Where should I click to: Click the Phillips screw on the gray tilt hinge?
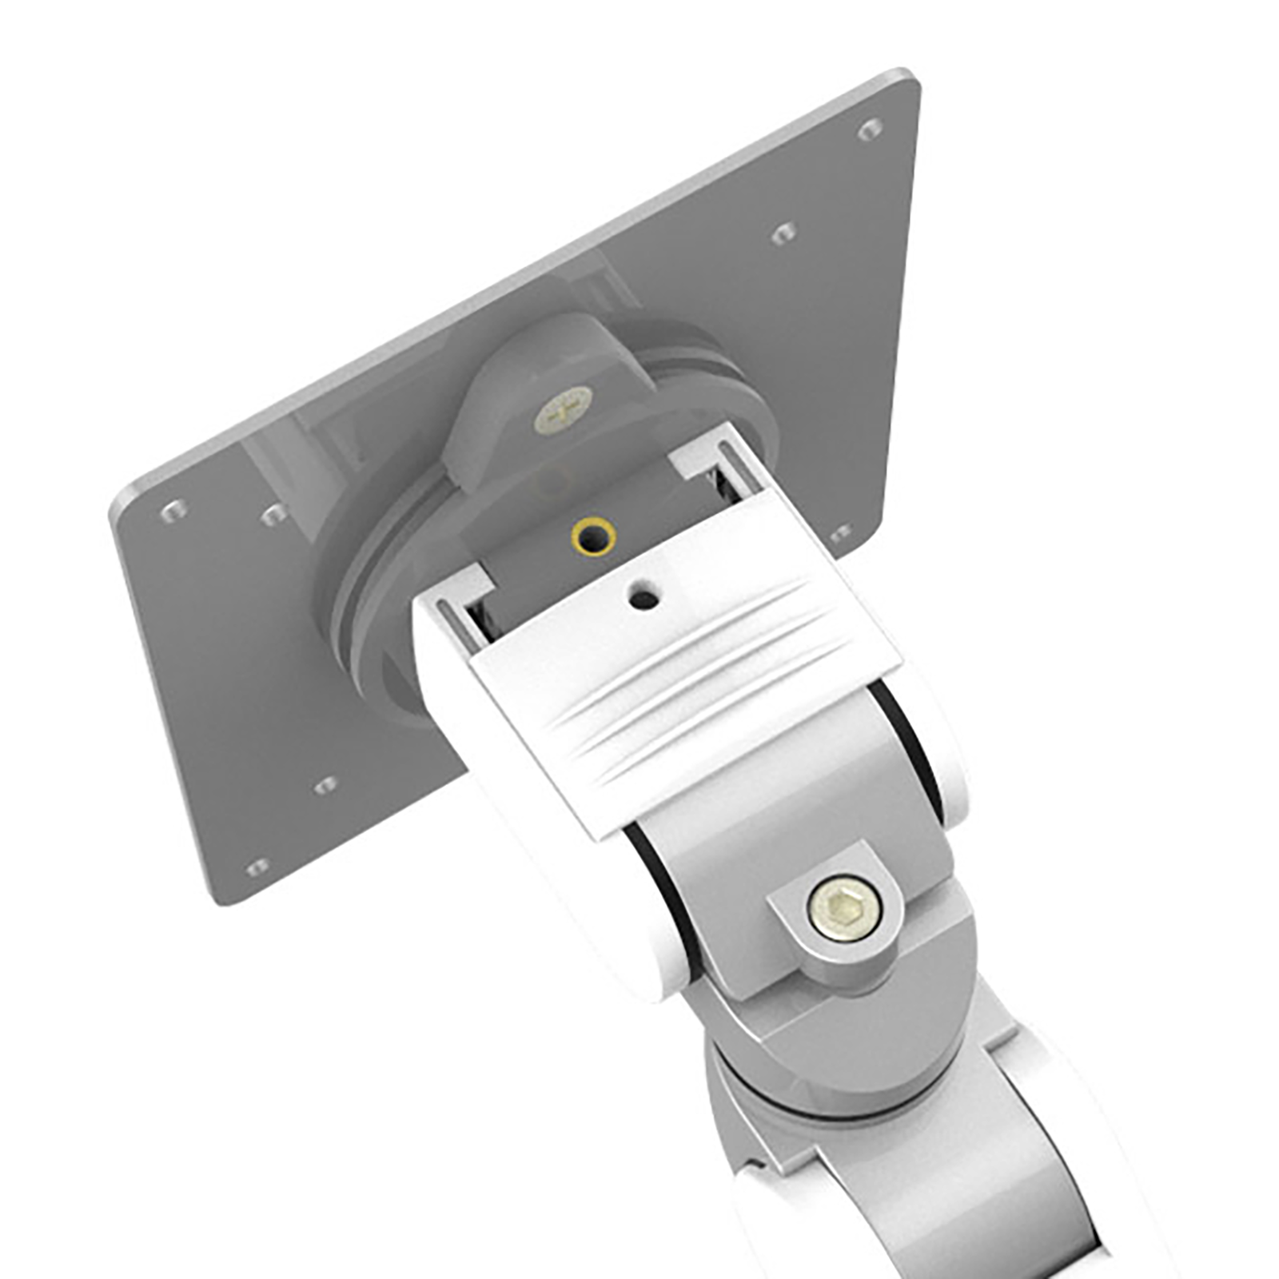(x=564, y=410)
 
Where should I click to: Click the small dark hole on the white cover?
(x=643, y=596)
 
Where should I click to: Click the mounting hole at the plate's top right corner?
(x=871, y=128)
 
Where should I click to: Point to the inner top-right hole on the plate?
(x=783, y=233)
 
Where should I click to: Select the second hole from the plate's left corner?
(x=274, y=514)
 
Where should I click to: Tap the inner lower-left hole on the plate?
(x=325, y=787)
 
